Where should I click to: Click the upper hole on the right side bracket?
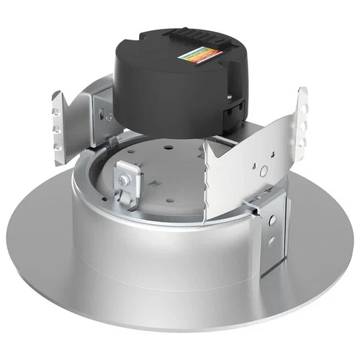tap(271, 216)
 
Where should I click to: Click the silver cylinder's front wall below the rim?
tap(144, 230)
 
